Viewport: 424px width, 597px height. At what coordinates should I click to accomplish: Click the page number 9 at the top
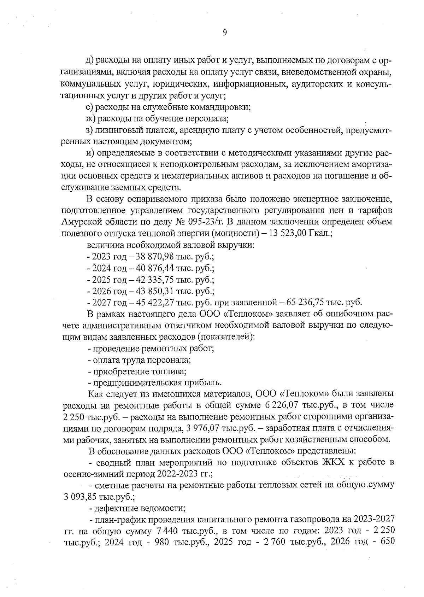tap(225, 33)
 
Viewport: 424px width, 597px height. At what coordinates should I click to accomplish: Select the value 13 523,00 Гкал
tap(299, 233)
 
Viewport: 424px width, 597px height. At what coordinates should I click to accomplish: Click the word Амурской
tap(80, 222)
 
